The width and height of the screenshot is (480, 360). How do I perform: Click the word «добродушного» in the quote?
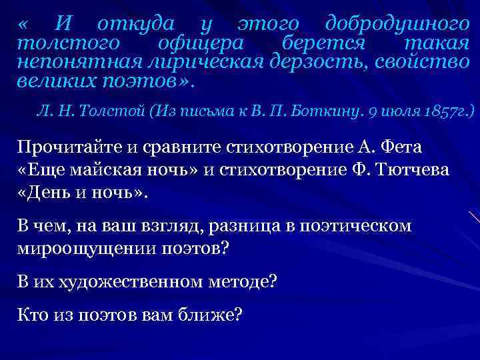coord(397,25)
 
